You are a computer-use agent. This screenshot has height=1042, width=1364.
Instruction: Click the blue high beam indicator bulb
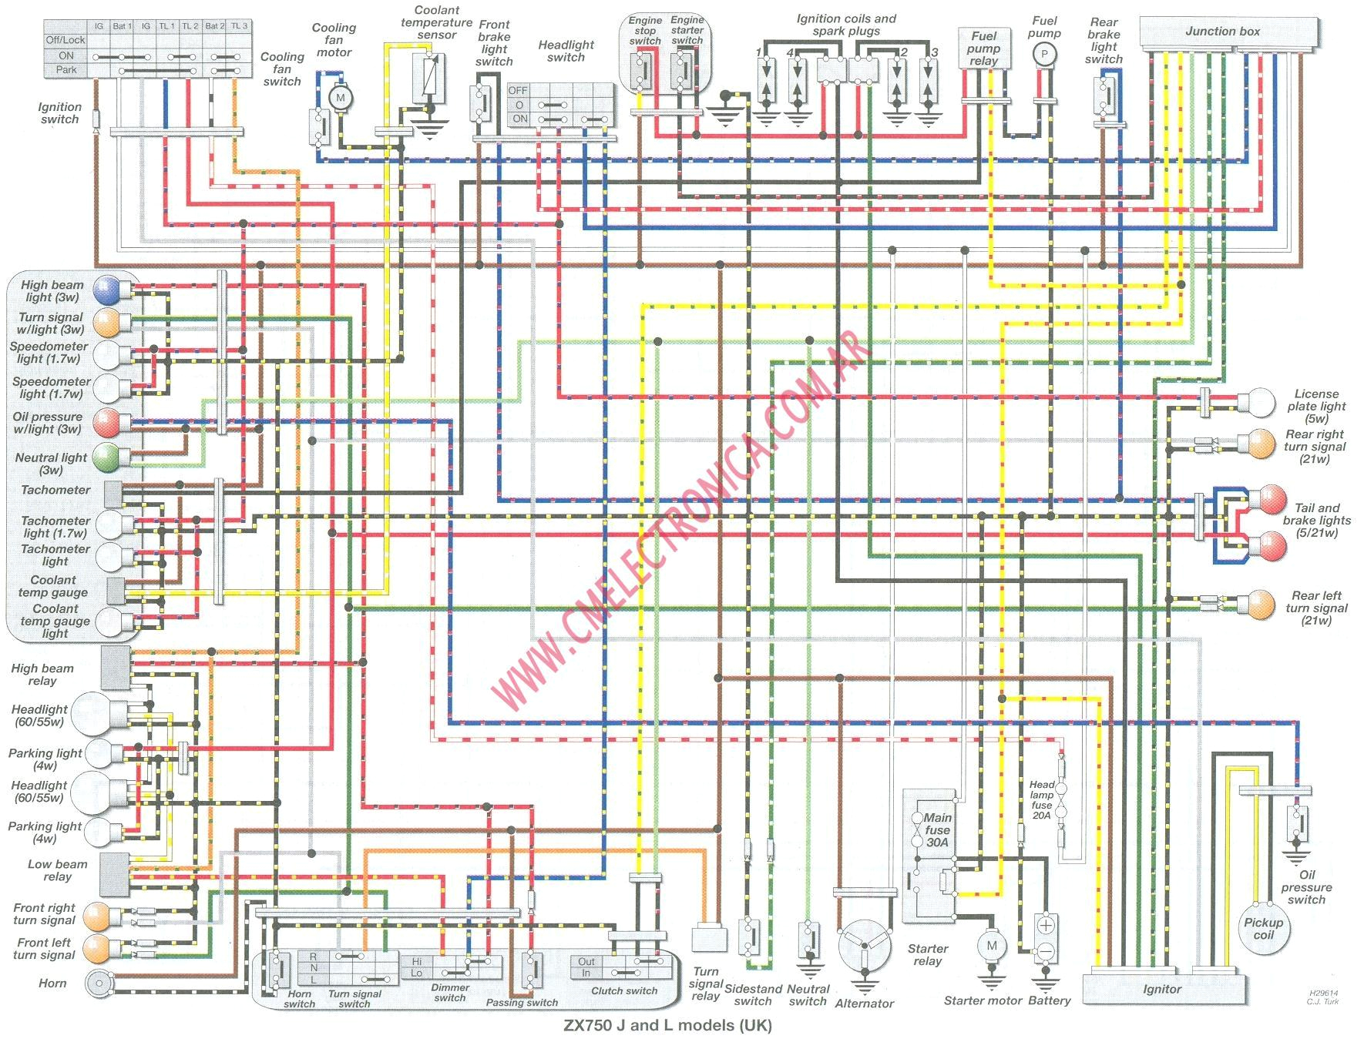click(106, 290)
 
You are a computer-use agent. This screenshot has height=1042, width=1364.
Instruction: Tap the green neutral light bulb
click(106, 458)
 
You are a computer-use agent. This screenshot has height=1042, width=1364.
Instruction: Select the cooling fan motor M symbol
click(340, 98)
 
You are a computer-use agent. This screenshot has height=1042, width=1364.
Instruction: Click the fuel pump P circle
click(1044, 54)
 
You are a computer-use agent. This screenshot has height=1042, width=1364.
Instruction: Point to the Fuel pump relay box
click(983, 49)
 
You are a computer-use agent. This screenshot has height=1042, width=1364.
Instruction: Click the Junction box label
click(1222, 32)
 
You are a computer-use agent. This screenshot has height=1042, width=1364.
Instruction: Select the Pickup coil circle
click(1264, 929)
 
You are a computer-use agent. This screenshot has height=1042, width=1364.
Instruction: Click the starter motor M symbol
click(991, 946)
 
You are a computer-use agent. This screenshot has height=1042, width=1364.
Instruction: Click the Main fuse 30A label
click(938, 829)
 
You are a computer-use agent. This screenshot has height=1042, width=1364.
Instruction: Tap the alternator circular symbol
click(864, 947)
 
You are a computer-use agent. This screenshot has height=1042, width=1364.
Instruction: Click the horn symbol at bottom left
click(98, 983)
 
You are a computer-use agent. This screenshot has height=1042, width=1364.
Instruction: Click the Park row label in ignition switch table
click(66, 70)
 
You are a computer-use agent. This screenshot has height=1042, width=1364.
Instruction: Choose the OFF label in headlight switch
click(519, 91)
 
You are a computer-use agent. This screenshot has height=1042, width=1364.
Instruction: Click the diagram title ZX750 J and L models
click(667, 1025)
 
